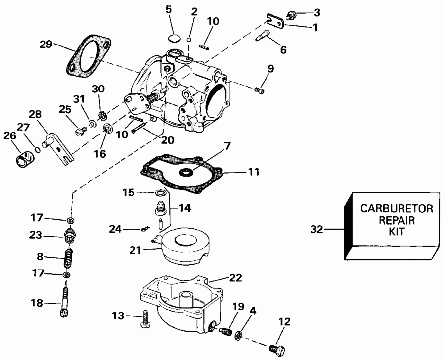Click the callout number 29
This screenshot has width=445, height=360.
(46, 45)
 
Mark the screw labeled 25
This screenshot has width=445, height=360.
(81, 131)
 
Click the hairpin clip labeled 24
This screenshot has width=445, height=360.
(144, 228)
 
